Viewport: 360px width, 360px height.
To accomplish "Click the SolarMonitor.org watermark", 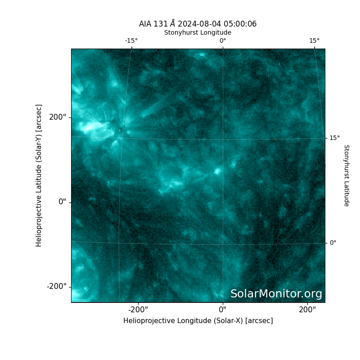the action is coord(276,294).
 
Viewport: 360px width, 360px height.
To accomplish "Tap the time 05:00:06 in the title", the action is coord(240,24).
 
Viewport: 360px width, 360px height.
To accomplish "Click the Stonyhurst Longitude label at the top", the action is coord(198,32).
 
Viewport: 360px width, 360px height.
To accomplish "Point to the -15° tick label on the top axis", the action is coord(131,40).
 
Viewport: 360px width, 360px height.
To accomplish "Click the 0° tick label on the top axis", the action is coord(223,40).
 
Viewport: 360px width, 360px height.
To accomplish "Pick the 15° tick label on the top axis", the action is coord(314,40).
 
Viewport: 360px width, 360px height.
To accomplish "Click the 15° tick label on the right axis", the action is coord(334,138).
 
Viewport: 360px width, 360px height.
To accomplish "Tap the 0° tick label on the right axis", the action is coord(333,243).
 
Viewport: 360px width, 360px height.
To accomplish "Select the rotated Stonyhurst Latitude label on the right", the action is coord(346,175).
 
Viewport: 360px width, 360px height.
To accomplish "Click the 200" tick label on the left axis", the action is coord(58,117).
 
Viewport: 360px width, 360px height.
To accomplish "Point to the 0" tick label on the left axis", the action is coord(62,202).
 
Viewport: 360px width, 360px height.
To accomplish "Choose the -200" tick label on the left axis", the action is coord(57,287).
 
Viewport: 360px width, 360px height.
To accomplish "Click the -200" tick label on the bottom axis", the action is coord(138,310).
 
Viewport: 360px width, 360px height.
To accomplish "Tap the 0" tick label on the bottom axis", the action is coord(223,310).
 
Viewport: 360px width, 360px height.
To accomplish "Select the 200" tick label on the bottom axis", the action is coord(307,310).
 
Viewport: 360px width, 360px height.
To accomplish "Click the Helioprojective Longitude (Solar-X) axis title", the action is coord(198,321).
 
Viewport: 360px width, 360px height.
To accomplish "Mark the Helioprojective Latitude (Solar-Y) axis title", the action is coord(39,175).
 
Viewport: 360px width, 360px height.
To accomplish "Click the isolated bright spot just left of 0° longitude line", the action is coord(217,171).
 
